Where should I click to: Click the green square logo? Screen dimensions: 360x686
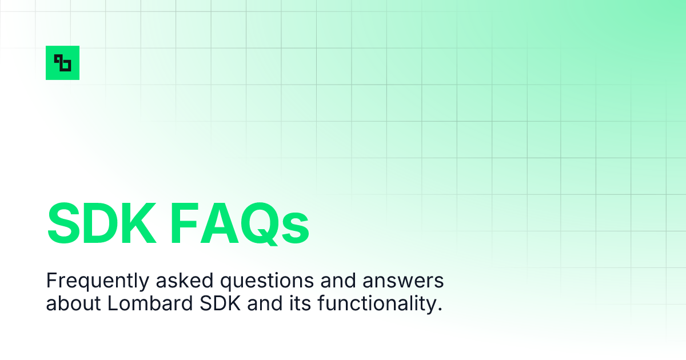click(62, 63)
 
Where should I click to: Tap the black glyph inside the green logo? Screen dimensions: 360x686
click(62, 63)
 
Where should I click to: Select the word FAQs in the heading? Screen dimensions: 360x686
click(236, 223)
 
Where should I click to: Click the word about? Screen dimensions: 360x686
click(73, 303)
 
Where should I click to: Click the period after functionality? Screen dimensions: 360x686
click(440, 309)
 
